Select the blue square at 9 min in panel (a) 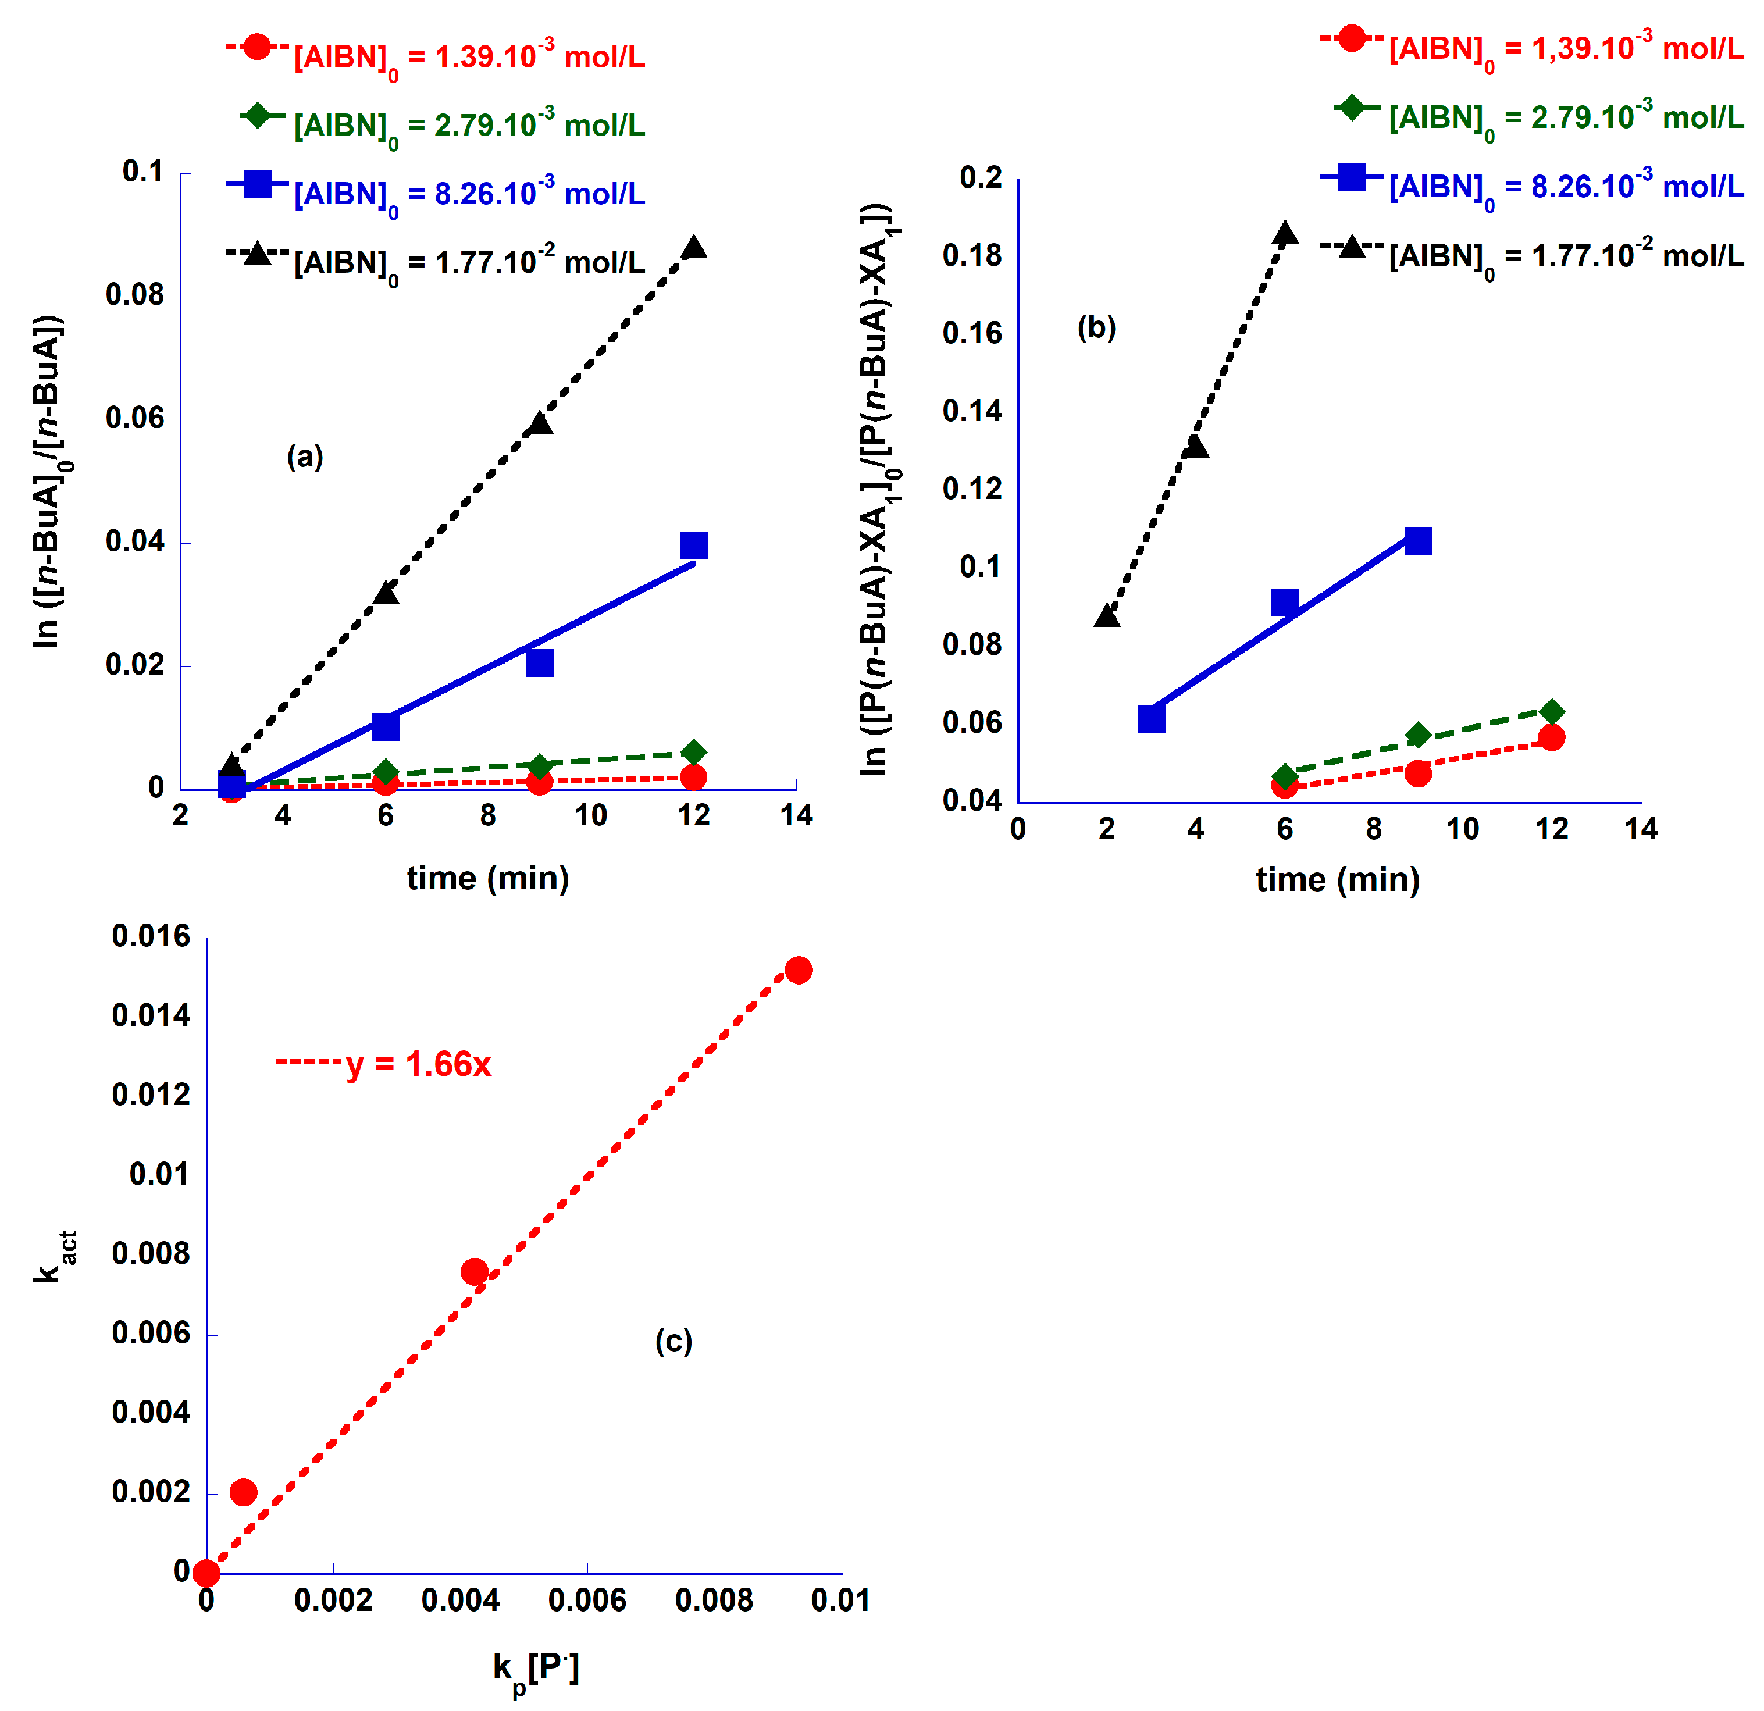pos(539,662)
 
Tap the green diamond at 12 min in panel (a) pos(693,751)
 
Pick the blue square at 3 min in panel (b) pos(1151,718)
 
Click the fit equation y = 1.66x pos(419,1064)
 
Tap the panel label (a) pos(304,457)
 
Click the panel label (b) pos(1096,327)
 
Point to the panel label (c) pos(673,1341)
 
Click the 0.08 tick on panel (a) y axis pos(135,295)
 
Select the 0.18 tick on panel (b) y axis pos(971,256)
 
